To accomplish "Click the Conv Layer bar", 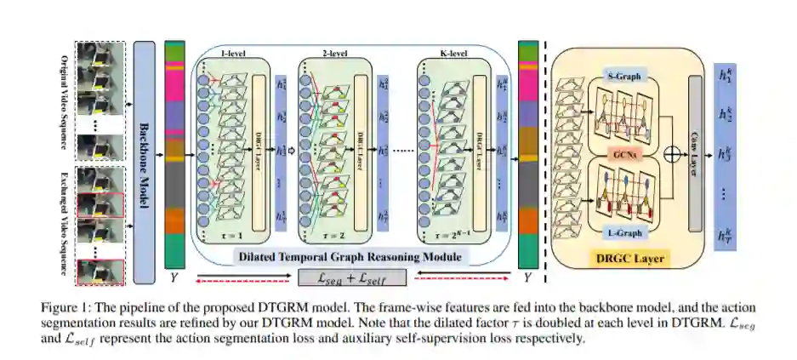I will pyautogui.click(x=696, y=153).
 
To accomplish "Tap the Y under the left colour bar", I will pyautogui.click(x=174, y=276).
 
